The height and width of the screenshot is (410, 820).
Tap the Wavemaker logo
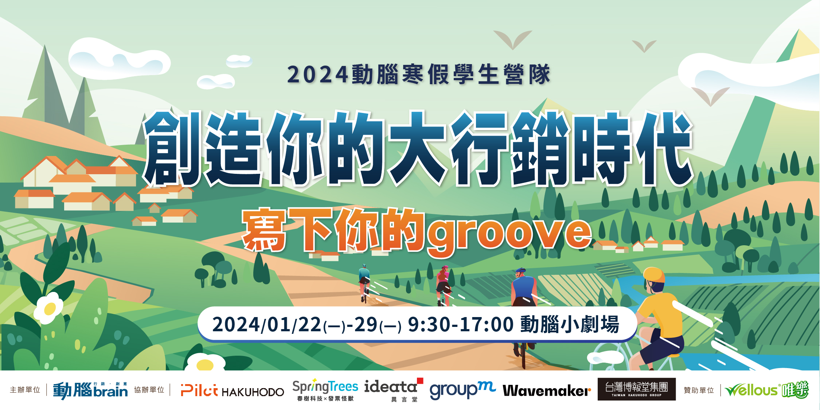(x=547, y=391)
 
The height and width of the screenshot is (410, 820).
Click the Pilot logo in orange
(x=199, y=390)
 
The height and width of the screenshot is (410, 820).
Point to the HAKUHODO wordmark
(x=253, y=392)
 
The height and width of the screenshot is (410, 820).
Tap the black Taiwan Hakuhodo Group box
(x=636, y=389)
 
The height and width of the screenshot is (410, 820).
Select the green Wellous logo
(x=766, y=390)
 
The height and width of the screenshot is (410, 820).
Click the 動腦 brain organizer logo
(x=90, y=390)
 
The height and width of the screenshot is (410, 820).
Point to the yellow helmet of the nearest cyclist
(x=654, y=274)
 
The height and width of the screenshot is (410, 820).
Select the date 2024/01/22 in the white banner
(x=267, y=324)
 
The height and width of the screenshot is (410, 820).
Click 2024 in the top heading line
(x=317, y=75)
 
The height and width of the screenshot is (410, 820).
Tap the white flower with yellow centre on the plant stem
(x=48, y=308)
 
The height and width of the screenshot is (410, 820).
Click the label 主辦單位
(x=25, y=390)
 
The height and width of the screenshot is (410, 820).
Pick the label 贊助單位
(x=699, y=390)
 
